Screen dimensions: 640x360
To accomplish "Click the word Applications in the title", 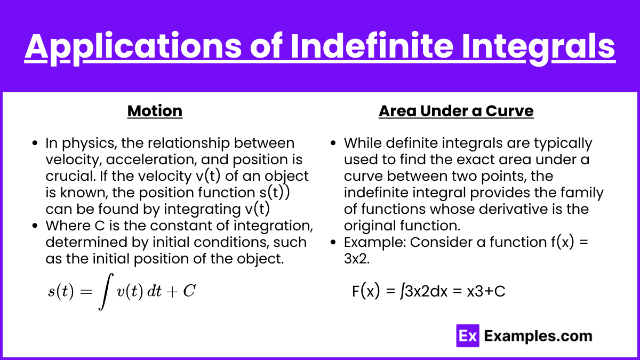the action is (133, 47).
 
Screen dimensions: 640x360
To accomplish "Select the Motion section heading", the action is (155, 111).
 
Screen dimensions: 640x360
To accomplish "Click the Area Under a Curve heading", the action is (456, 111).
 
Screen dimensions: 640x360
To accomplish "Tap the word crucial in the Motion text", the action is (70, 176).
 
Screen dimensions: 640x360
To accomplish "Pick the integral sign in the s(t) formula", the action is (106, 291).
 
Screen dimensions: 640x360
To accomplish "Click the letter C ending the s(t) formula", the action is (189, 291).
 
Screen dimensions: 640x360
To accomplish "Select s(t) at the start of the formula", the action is (61, 291).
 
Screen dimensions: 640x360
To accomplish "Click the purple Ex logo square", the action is (468, 335).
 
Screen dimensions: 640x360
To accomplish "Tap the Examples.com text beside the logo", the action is (538, 336).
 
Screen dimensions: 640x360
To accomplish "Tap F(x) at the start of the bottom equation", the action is (366, 291).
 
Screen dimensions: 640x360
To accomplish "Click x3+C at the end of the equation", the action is (486, 291).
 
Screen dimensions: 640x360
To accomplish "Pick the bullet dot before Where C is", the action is (35, 226).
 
